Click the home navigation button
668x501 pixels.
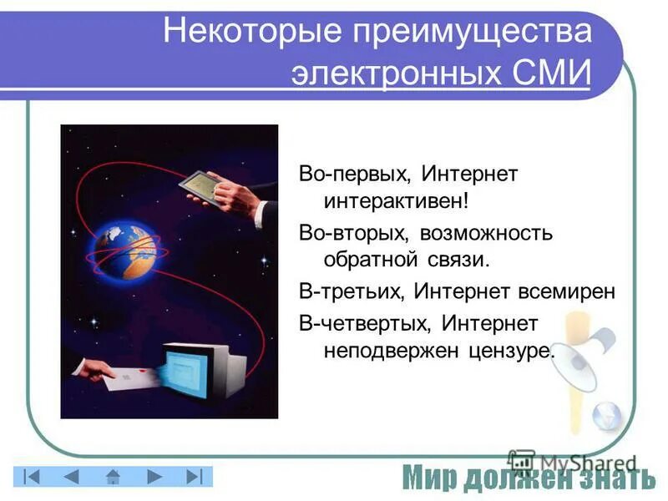click(113, 477)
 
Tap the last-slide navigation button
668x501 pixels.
click(194, 477)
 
